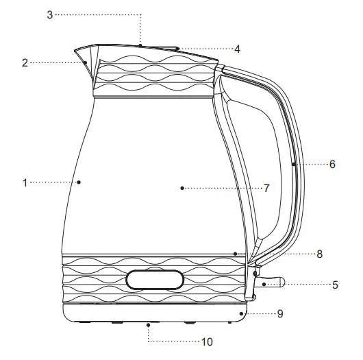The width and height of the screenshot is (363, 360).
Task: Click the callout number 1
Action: click(25, 182)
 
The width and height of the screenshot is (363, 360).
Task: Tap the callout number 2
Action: click(25, 62)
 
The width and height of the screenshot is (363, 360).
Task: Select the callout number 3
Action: click(49, 14)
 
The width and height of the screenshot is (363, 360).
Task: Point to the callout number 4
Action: click(237, 49)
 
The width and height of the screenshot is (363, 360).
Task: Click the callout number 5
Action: click(335, 285)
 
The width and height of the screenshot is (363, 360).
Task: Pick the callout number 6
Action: click(332, 165)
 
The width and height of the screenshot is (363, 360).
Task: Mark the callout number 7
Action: click(266, 187)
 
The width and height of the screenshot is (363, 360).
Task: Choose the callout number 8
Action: click(319, 254)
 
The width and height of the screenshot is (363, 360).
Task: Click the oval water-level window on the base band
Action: click(155, 279)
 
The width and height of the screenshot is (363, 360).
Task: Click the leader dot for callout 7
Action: click(182, 187)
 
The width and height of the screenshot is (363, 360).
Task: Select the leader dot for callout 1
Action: click(79, 182)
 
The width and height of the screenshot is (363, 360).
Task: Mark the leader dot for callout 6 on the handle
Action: click(293, 165)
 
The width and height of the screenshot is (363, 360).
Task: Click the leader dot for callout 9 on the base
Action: click(241, 314)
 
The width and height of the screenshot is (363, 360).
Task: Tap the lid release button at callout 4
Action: click(170, 49)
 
